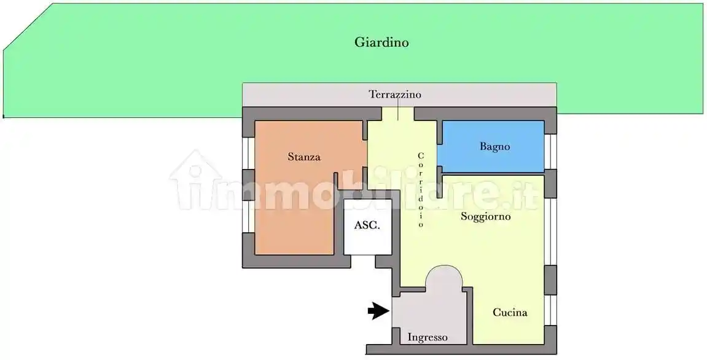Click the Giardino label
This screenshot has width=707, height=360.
coord(381,42)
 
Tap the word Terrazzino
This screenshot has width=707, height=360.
coord(395,95)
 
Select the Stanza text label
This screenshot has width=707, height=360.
coord(304,157)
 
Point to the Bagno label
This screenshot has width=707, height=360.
coord(494,147)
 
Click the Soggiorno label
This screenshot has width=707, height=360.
coord(486,216)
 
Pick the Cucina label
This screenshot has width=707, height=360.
coord(510,312)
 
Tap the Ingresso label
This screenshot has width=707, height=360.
coord(428,337)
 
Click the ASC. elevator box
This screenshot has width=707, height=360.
coord(367,226)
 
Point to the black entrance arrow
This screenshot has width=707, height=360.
coord(378,311)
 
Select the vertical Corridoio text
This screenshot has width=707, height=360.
coord(421,190)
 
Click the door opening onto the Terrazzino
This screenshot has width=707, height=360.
coord(398,114)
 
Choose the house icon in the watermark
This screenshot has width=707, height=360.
coord(195,178)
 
